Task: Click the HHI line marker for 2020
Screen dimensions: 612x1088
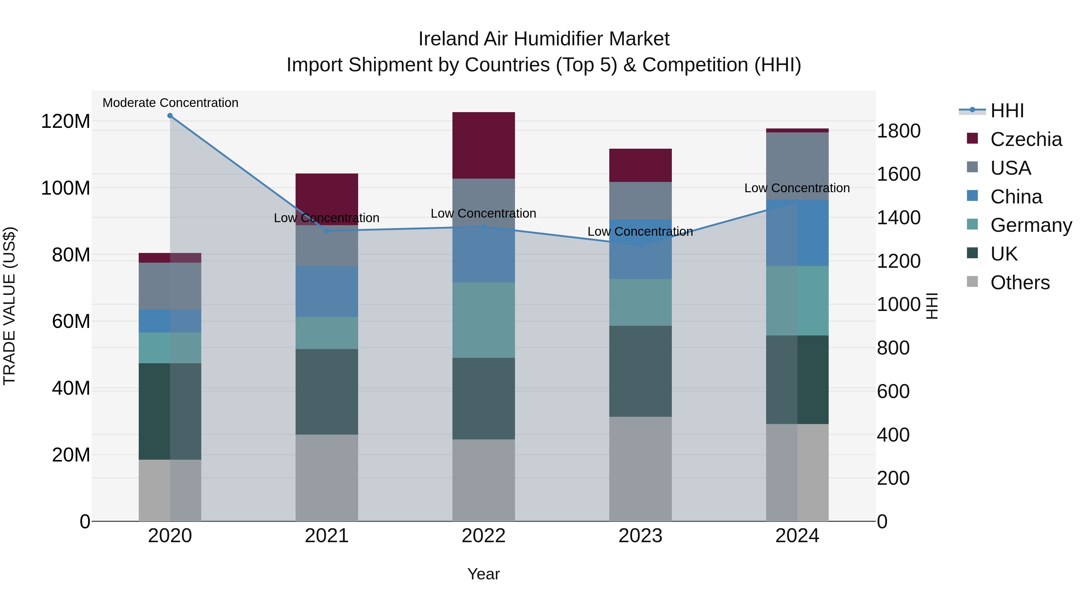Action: (x=170, y=116)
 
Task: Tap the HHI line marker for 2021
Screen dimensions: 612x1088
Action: (x=326, y=231)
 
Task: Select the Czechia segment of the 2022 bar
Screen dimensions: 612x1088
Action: (x=483, y=145)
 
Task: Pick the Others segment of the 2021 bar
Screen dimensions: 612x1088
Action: (x=326, y=478)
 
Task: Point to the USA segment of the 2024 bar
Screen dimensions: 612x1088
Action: (x=797, y=166)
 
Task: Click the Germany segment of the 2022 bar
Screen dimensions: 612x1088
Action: (x=483, y=320)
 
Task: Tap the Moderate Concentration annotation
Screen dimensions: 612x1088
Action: (x=170, y=103)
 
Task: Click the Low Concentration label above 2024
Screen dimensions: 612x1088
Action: (x=797, y=188)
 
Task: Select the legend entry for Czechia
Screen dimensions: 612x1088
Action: (x=1025, y=139)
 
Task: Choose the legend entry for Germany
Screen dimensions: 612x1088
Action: (x=1031, y=225)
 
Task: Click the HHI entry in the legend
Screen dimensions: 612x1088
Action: (x=1007, y=111)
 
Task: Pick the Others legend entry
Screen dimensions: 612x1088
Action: (x=1020, y=283)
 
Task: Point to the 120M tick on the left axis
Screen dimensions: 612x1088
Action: (x=66, y=121)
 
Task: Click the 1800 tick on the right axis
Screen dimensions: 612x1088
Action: (x=899, y=131)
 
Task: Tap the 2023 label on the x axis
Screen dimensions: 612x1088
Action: (x=640, y=536)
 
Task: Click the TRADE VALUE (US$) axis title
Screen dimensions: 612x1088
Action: (x=9, y=306)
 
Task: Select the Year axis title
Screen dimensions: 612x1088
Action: (x=483, y=574)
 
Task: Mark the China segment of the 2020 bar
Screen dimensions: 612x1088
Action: (x=170, y=321)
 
